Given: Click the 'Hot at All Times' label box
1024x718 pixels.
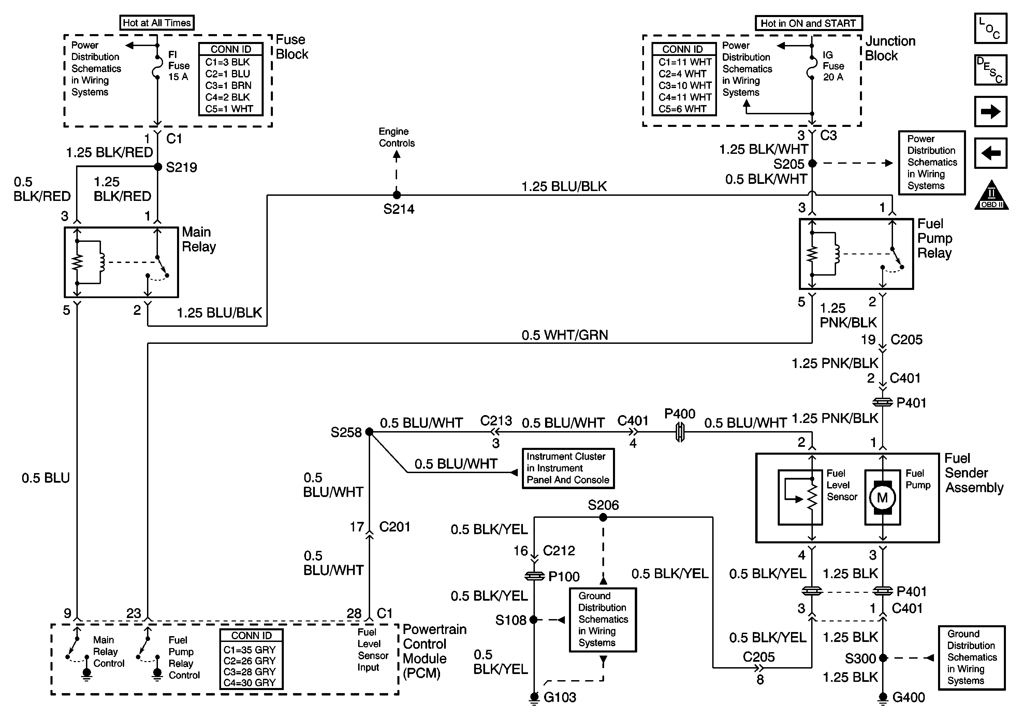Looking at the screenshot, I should tap(157, 23).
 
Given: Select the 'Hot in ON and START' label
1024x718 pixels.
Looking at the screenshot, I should tap(808, 23).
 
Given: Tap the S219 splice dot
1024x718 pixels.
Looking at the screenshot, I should tap(158, 167).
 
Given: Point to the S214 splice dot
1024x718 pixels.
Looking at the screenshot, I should tap(396, 195).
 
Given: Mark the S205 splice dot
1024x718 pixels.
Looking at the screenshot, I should tap(812, 164).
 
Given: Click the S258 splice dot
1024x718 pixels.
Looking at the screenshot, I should tap(369, 432).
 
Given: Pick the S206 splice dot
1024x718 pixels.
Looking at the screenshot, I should tap(603, 517).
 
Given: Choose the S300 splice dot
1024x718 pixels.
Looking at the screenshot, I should tap(883, 658).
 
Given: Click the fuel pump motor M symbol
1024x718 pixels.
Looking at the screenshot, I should tap(882, 497).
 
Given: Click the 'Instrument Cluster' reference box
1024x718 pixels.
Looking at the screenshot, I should tap(568, 468).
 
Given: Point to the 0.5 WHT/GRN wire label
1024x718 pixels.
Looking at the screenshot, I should tap(565, 335).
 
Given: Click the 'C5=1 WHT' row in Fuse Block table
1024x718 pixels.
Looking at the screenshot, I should tap(229, 109).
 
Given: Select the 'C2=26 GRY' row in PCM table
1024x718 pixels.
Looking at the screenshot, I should tap(250, 660).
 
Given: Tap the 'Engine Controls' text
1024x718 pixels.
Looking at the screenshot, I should tap(396, 137).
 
